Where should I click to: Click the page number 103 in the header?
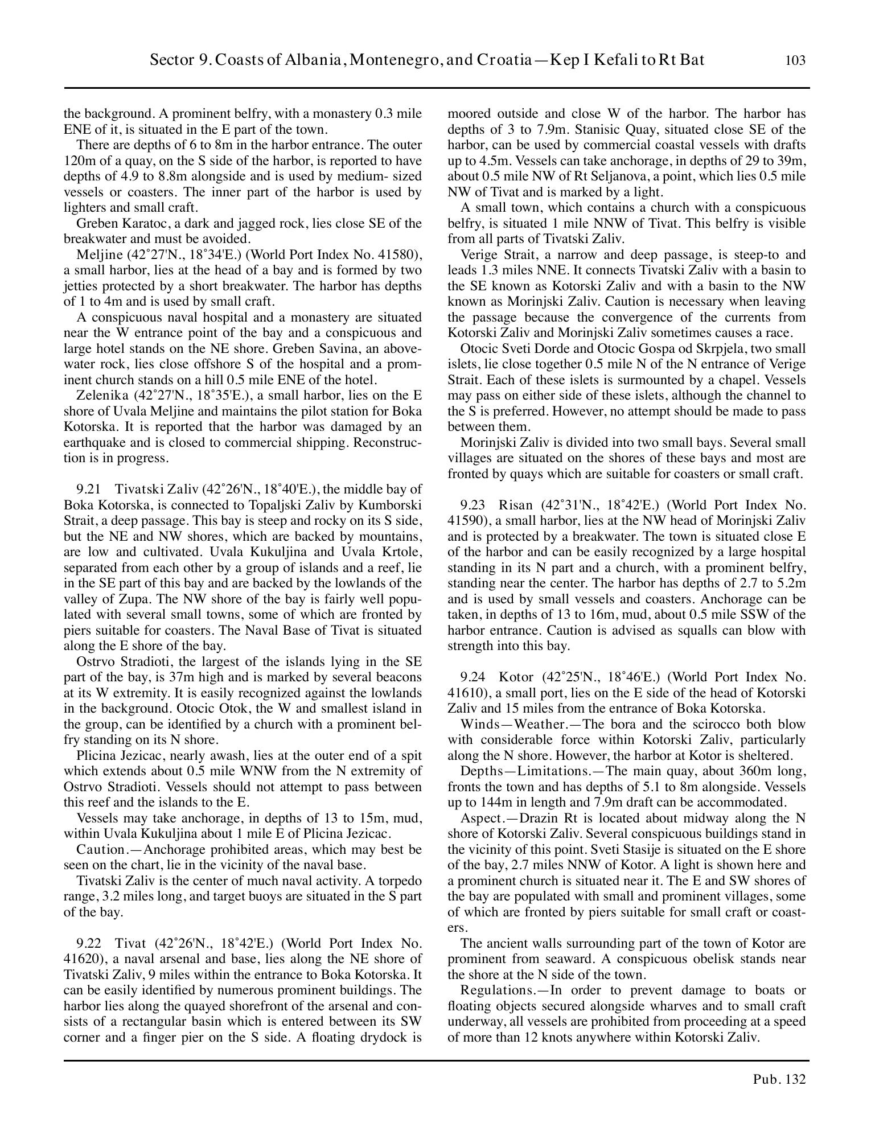pyautogui.click(x=795, y=61)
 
